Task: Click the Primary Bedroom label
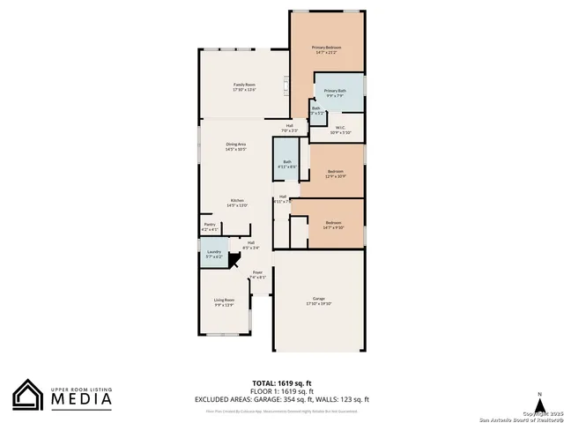pos(327,49)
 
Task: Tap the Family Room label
pos(244,86)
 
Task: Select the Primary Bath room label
pos(335,93)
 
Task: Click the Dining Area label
pos(235,146)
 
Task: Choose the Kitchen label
pos(237,203)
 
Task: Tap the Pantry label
pos(210,226)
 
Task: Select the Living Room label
pos(224,302)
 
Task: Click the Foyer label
pos(257,274)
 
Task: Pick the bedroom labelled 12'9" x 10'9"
pos(335,174)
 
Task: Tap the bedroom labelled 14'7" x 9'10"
pos(332,225)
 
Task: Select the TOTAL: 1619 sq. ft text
pos(282,383)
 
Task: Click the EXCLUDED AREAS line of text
pos(282,399)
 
